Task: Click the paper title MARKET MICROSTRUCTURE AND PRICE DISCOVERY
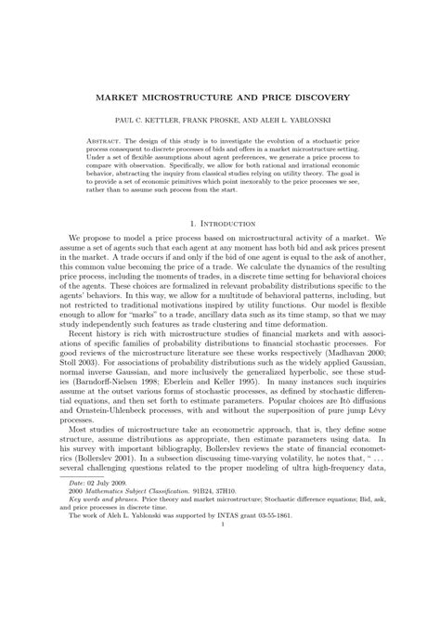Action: (x=220, y=96)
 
